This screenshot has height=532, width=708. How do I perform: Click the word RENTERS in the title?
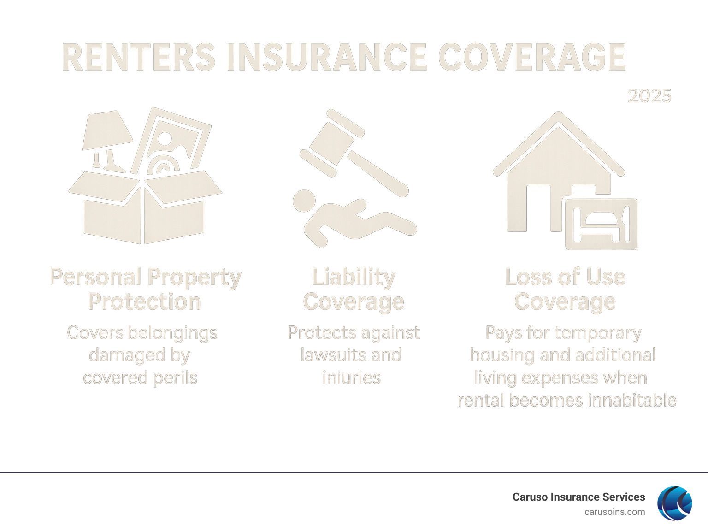click(138, 57)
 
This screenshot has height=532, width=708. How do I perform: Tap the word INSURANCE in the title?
click(327, 57)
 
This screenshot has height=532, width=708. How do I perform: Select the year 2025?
click(649, 96)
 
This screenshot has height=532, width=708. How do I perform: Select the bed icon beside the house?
click(602, 224)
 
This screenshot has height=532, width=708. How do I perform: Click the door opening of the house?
click(538, 208)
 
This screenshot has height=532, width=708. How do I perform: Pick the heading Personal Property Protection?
click(146, 289)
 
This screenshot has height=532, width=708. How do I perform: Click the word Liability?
click(354, 277)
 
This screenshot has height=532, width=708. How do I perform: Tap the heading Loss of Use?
click(565, 277)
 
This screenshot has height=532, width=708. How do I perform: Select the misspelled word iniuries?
click(352, 378)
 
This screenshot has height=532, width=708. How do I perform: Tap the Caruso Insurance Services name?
click(578, 497)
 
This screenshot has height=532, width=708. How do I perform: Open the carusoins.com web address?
click(615, 512)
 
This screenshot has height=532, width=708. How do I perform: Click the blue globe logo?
click(675, 503)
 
